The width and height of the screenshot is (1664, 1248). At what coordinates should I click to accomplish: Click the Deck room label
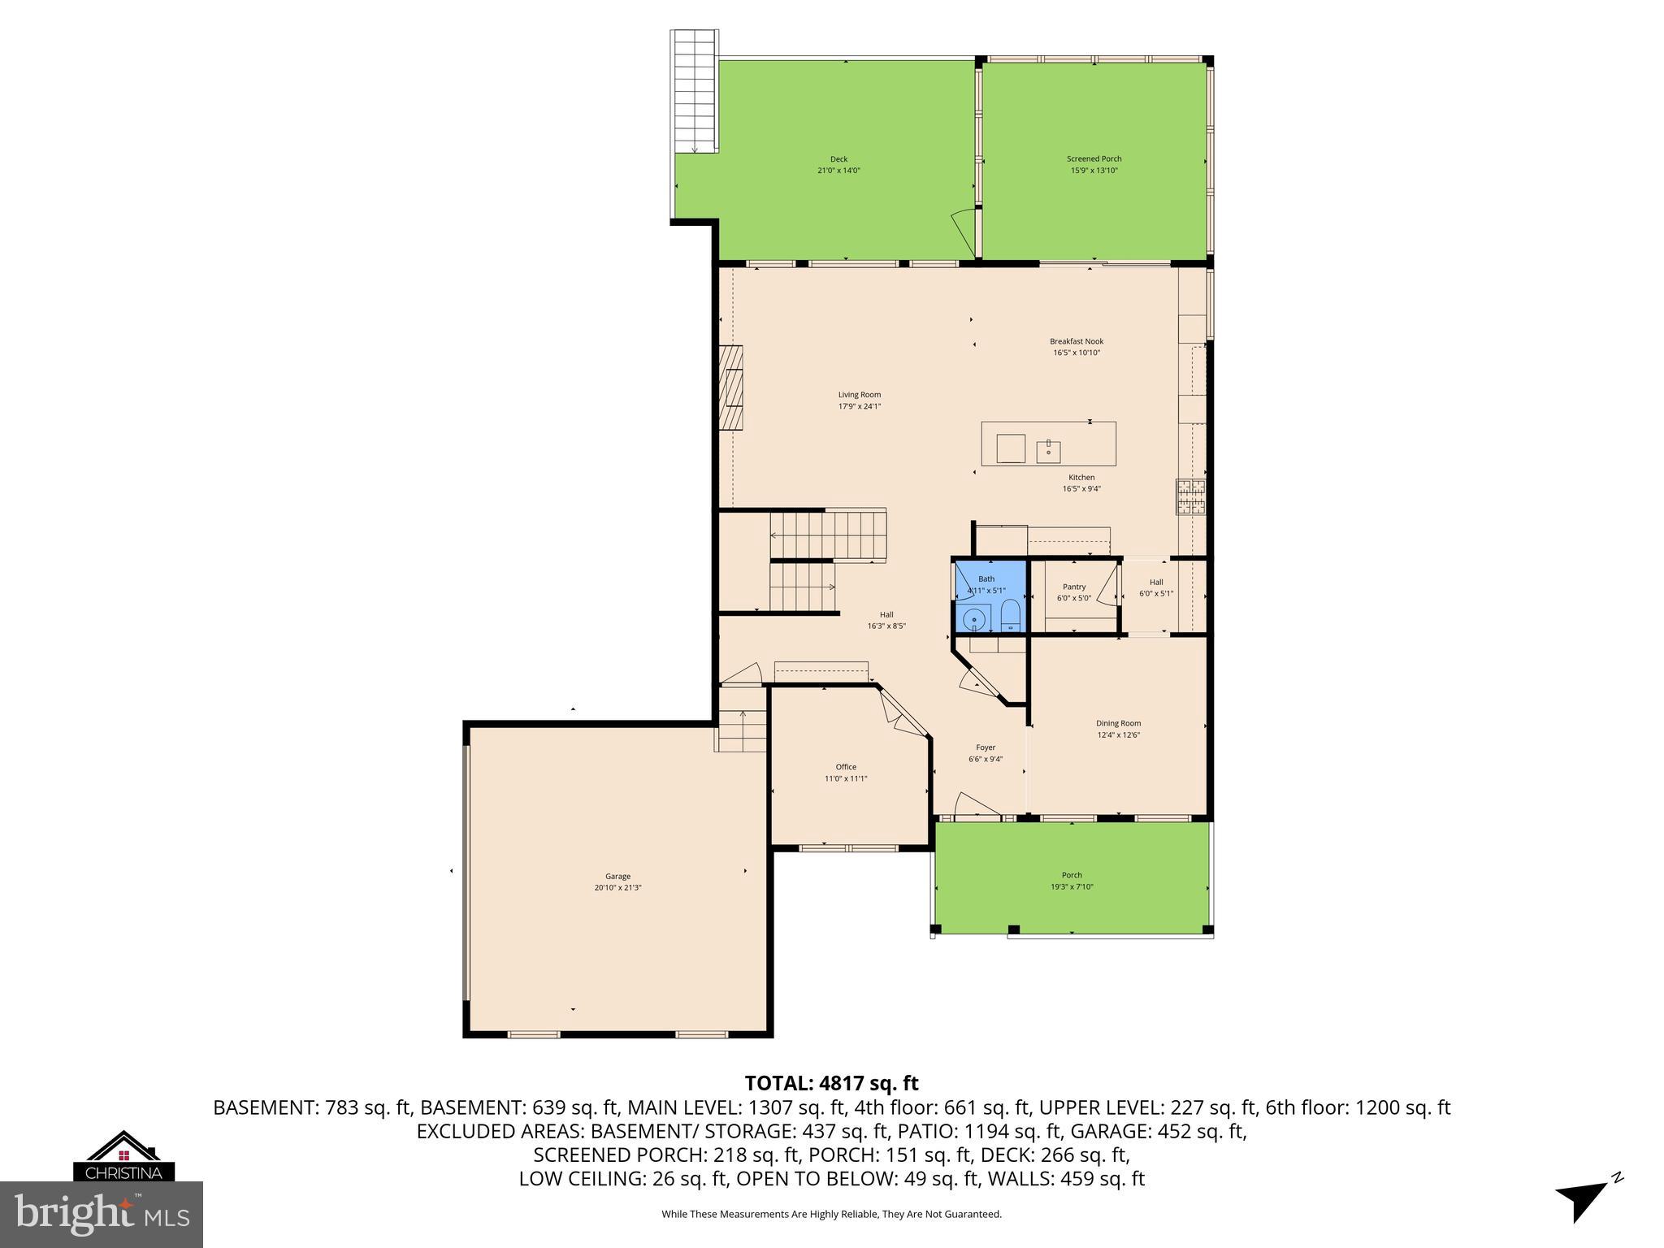click(x=838, y=159)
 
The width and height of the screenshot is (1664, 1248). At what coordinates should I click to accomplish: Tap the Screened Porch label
click(x=1094, y=159)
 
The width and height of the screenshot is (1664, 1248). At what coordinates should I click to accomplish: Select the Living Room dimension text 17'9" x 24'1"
click(x=859, y=406)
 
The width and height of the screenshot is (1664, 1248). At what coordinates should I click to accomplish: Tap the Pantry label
click(x=1073, y=587)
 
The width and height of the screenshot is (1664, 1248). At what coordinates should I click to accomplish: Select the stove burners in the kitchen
click(x=1191, y=497)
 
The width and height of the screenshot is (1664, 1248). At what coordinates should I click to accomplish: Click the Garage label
click(x=617, y=877)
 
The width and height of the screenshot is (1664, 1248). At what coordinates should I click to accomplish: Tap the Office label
click(x=846, y=767)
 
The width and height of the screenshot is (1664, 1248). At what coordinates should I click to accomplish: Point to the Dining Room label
click(x=1118, y=723)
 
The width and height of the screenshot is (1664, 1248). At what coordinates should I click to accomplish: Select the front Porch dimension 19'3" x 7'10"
click(x=1072, y=887)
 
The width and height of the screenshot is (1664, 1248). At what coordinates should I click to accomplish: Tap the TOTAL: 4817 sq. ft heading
click(x=831, y=1083)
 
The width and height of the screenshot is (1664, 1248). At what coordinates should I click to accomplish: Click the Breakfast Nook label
click(x=1077, y=341)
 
